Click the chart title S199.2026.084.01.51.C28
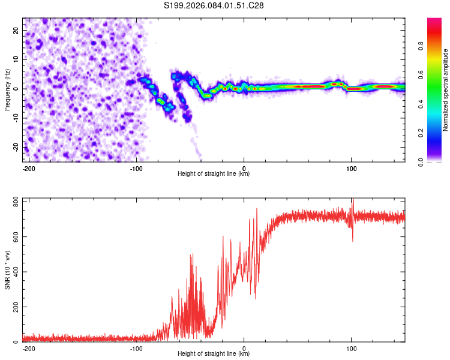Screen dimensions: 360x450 [x=214, y=6]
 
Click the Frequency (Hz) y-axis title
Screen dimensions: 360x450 [x=7, y=89]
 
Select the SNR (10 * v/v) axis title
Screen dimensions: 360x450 [x=7, y=269]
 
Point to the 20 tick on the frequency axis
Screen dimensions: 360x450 [x=16, y=30]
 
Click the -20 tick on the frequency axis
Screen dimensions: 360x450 [x=14, y=148]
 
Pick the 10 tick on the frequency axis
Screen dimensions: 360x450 [x=16, y=59]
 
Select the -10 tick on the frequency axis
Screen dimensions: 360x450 [x=14, y=118]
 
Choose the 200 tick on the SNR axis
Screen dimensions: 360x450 [x=13, y=307]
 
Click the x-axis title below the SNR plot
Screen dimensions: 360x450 [x=214, y=355]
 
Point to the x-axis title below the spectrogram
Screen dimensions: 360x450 [x=214, y=174]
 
